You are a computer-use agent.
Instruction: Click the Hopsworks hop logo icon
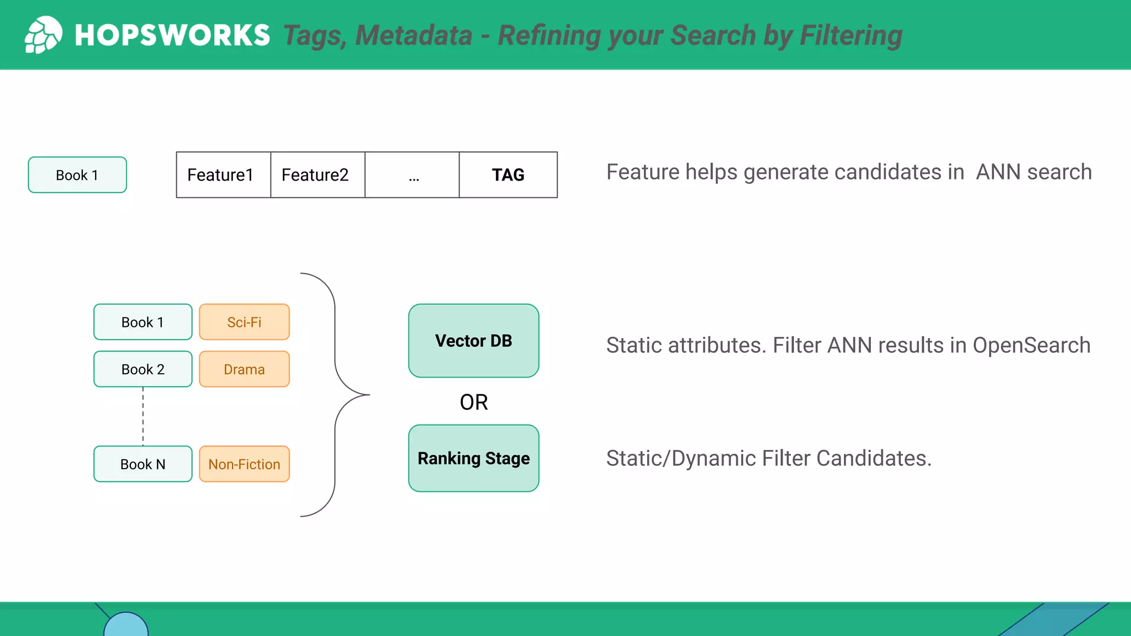point(43,35)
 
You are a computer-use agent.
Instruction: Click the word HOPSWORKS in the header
point(172,35)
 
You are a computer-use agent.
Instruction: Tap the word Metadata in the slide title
point(414,36)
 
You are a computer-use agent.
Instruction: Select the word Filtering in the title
point(850,36)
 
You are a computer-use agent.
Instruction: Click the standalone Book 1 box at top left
point(77,175)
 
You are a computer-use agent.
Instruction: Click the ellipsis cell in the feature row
point(413,175)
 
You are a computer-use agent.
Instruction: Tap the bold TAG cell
point(508,175)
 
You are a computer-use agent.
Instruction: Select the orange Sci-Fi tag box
point(244,322)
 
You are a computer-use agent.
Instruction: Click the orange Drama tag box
point(244,369)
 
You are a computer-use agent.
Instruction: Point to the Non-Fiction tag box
point(244,464)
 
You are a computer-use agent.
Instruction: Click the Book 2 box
point(143,369)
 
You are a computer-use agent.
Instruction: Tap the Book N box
point(143,464)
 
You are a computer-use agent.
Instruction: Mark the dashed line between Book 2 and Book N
point(143,416)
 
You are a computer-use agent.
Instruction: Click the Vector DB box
point(473,341)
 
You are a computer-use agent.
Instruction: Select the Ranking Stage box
point(473,458)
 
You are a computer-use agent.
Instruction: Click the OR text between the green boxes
point(473,402)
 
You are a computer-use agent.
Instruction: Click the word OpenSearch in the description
point(1031,346)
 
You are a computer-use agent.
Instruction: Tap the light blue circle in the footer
point(126,626)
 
